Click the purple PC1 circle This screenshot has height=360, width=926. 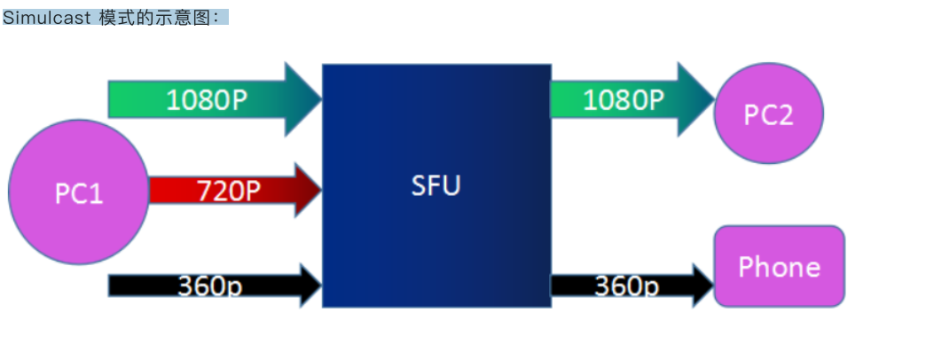pyautogui.click(x=78, y=192)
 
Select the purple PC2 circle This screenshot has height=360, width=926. pyautogui.click(x=768, y=113)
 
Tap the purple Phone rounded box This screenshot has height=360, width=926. pyautogui.click(x=779, y=266)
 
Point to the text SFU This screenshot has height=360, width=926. pyautogui.click(x=436, y=187)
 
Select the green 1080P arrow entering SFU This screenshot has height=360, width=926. pyautogui.click(x=213, y=99)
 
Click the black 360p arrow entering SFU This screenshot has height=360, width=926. pyautogui.click(x=213, y=286)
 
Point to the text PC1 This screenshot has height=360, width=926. pyautogui.click(x=78, y=193)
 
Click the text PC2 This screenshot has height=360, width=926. pyautogui.click(x=768, y=114)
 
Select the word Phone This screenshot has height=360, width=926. pyautogui.click(x=779, y=266)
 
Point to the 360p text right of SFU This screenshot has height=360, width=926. pyautogui.click(x=626, y=286)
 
